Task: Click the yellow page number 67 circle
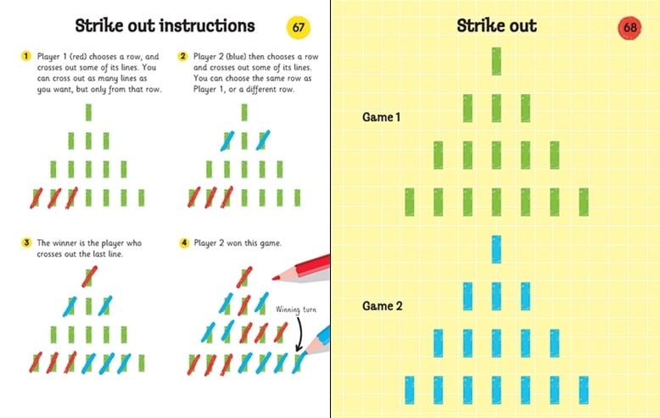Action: pos(299,27)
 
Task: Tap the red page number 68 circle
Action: pos(630,27)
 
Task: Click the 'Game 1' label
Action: pos(382,117)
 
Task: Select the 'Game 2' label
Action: pos(382,304)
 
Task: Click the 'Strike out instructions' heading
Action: pos(165,26)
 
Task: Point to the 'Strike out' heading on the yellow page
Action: pos(496,25)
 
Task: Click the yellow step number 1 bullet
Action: pos(25,57)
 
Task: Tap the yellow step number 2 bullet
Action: pos(182,57)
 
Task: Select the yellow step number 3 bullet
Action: pos(25,242)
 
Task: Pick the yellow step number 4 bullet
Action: pos(182,242)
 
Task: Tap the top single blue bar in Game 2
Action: pos(497,248)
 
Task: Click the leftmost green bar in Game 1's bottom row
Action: pos(410,202)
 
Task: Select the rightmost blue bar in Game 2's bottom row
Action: pos(584,389)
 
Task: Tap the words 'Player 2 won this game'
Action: pos(234,242)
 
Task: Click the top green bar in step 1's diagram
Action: pos(88,113)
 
